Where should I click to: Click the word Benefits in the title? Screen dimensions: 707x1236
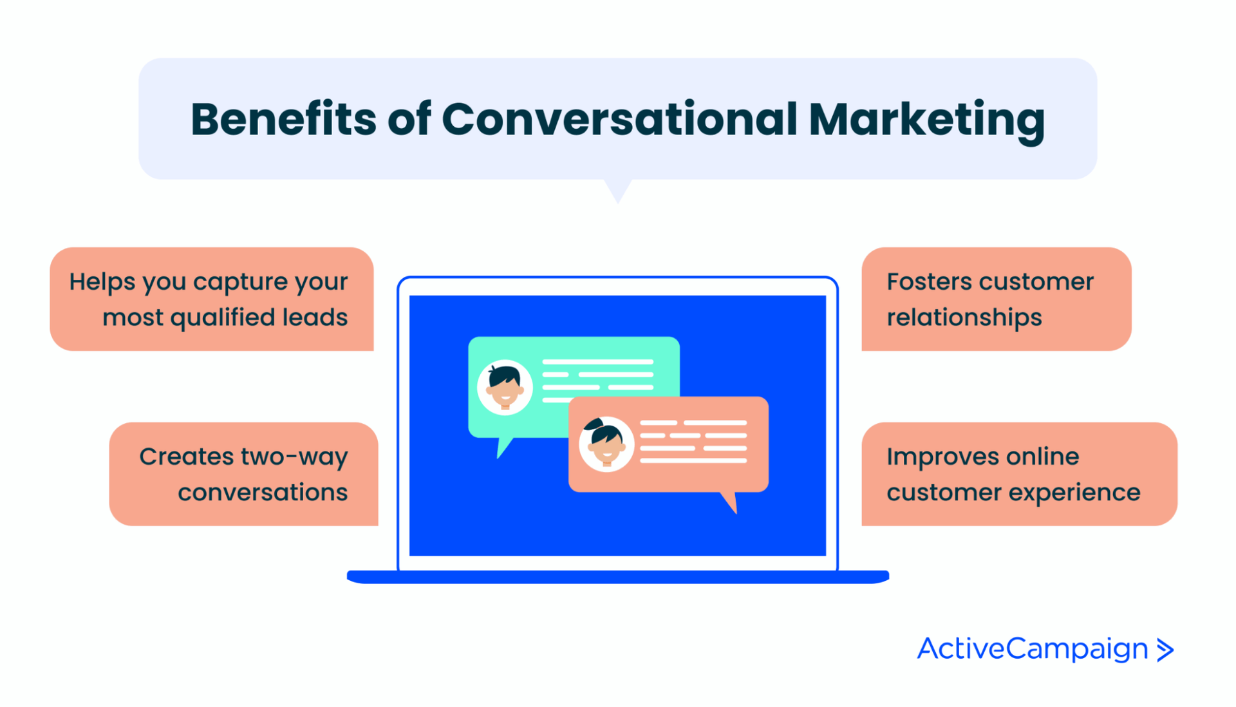[283, 120]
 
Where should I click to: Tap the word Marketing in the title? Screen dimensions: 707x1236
[926, 120]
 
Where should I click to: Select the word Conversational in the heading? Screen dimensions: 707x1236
[619, 120]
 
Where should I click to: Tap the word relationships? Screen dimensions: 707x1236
[964, 318]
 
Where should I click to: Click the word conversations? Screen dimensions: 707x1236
[263, 493]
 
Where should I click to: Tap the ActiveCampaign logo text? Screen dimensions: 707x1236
[1032, 649]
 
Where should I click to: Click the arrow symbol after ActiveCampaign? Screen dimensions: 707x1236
[1165, 650]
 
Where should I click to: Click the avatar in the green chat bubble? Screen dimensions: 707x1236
[505, 387]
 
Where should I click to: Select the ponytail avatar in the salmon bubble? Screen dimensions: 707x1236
[606, 444]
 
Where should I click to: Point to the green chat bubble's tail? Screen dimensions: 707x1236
[503, 447]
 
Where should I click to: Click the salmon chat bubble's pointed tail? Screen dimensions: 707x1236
[730, 502]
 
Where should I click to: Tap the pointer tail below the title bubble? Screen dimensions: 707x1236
[618, 191]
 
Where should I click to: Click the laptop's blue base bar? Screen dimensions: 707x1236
[618, 577]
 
